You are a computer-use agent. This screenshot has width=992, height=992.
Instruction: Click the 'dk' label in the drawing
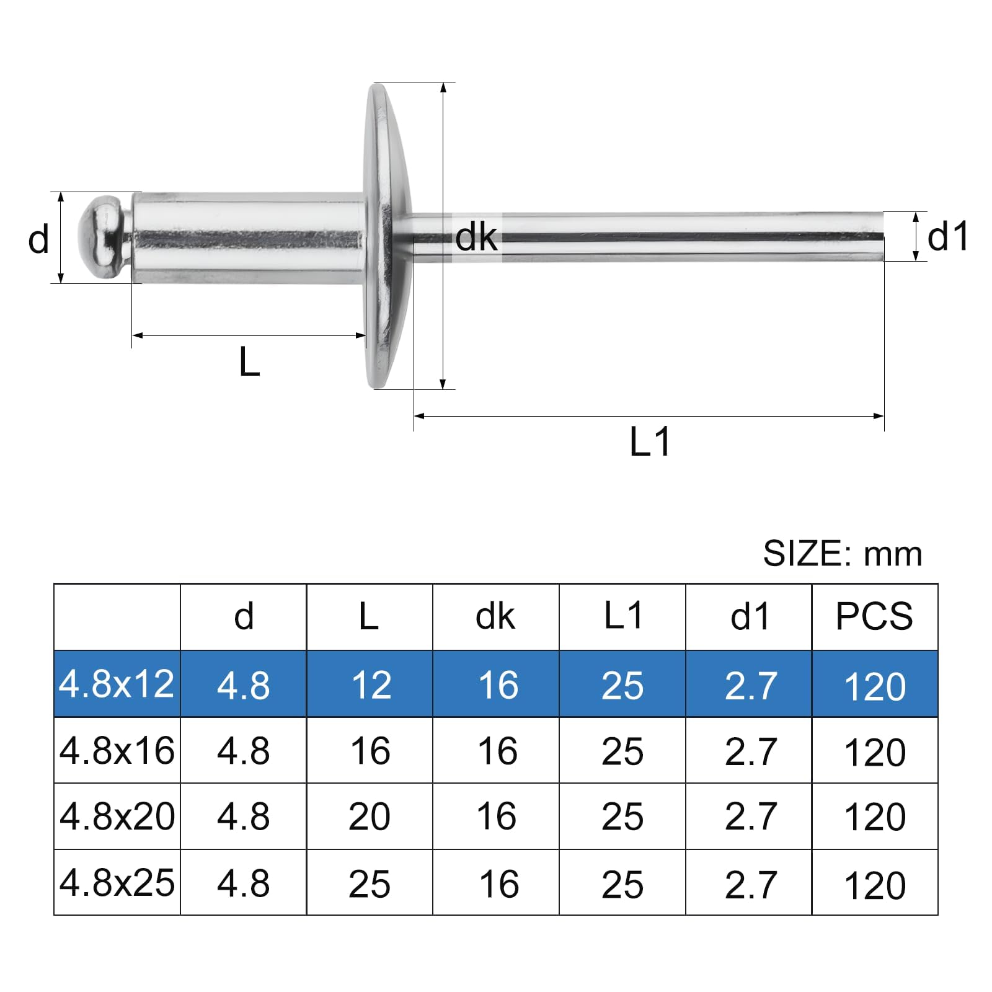click(476, 237)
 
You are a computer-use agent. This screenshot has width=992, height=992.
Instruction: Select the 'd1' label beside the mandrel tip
click(947, 237)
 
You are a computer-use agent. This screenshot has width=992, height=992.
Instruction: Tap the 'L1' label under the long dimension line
click(650, 442)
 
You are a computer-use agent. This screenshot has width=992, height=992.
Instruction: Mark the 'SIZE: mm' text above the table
click(843, 554)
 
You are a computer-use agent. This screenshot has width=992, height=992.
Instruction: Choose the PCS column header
click(874, 616)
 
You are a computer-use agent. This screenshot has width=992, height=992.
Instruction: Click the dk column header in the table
click(495, 616)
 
